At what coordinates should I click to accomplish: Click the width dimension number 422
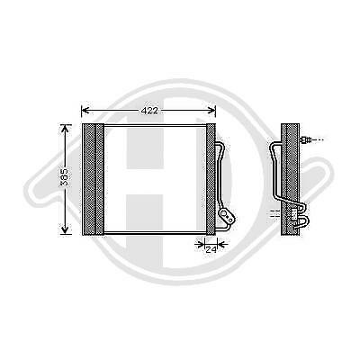(x=149, y=110)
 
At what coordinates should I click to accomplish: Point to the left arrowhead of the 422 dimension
(x=85, y=112)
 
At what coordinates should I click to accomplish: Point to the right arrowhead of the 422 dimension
(x=212, y=112)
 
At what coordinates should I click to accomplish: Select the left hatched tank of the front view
(x=94, y=178)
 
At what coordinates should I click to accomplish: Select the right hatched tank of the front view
(x=211, y=178)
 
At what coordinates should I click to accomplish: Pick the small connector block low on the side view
(x=293, y=214)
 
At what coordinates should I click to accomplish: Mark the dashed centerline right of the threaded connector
(x=318, y=141)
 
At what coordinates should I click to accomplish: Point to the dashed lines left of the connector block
(x=274, y=214)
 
